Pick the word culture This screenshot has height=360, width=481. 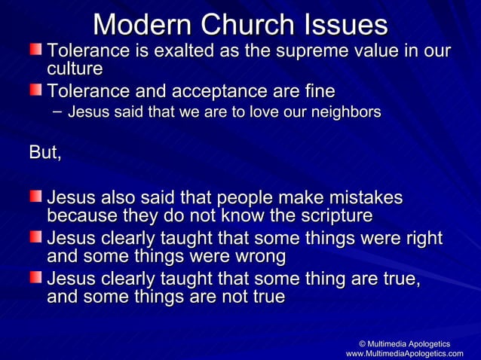point(75,69)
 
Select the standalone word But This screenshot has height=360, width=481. point(44,152)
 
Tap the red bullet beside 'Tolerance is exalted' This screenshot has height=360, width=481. point(36,50)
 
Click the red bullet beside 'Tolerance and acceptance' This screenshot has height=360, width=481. point(36,91)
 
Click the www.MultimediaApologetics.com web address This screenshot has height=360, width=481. point(404,354)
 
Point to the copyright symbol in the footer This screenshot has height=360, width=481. point(363,343)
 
